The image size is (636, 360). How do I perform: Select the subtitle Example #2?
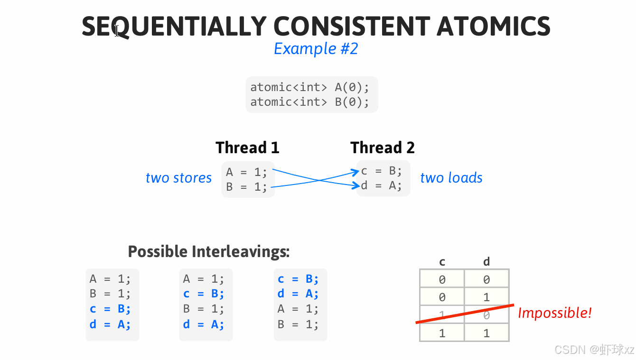[x=316, y=49]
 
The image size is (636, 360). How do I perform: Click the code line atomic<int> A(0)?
[x=309, y=87]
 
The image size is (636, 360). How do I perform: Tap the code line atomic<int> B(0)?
[x=309, y=102]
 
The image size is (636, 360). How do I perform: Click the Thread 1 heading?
[x=247, y=148]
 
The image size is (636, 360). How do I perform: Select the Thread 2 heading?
[x=383, y=148]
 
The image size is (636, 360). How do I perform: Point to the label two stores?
[x=178, y=178]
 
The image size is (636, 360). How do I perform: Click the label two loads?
[x=451, y=178]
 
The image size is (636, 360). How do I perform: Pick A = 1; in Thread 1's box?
[x=247, y=172]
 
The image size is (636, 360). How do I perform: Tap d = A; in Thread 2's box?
[x=382, y=185]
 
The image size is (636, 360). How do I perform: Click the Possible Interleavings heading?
[x=209, y=251]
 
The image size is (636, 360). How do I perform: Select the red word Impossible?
[x=554, y=313]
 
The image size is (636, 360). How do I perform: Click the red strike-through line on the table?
[x=465, y=314]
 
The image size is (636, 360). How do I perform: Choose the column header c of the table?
[x=442, y=261]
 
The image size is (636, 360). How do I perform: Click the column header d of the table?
[x=486, y=261]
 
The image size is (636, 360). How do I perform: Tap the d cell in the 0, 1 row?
[x=486, y=297]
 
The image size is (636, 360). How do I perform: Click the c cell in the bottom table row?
[x=442, y=333]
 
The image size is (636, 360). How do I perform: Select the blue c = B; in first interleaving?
[x=110, y=309]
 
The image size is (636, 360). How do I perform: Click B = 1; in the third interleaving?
[x=298, y=325]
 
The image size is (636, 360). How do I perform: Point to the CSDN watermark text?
[x=594, y=350]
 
